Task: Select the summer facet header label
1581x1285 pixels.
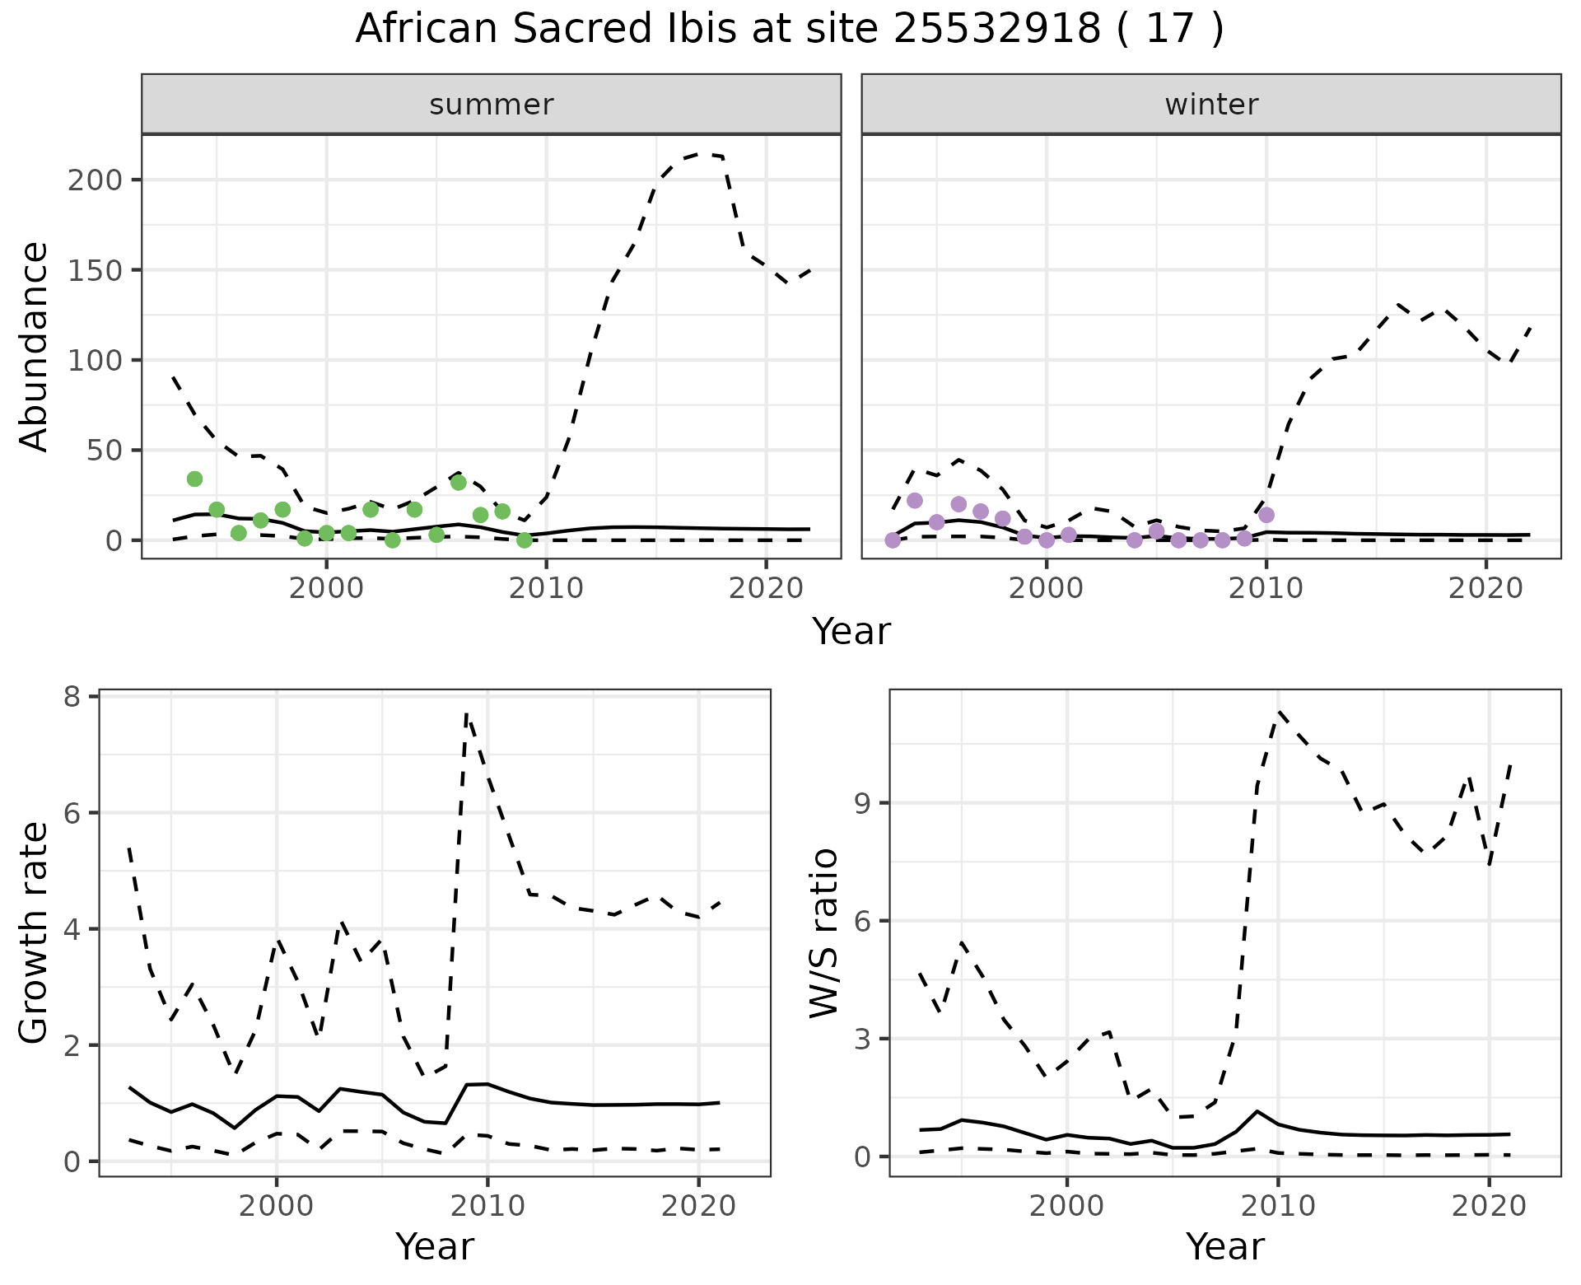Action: tap(492, 105)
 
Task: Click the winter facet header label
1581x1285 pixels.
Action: tap(1211, 105)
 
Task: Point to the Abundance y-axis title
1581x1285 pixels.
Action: tap(34, 346)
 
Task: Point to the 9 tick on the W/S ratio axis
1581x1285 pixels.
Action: tap(863, 803)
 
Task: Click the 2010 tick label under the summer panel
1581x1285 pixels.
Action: tap(546, 588)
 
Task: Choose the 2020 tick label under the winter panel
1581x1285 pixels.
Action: tap(1486, 588)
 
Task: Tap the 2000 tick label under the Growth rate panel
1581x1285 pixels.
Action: tap(277, 1206)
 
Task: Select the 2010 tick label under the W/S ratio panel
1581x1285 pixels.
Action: tap(1278, 1206)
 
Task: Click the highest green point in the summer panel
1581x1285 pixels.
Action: tap(194, 479)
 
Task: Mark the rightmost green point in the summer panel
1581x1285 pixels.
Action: tap(525, 540)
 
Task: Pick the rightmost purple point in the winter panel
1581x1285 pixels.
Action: tap(1266, 515)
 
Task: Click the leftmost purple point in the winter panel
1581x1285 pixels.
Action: tap(893, 540)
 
